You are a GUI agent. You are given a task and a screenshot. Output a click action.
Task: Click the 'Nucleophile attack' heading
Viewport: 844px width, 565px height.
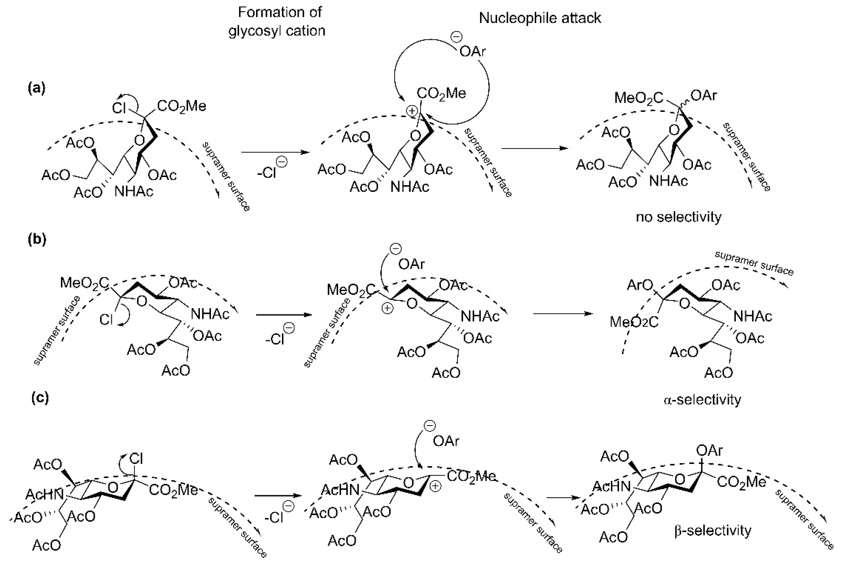(540, 18)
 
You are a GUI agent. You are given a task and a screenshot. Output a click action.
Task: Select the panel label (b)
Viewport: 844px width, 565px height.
(37, 239)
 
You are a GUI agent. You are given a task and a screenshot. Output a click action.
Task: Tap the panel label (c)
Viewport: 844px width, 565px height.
(40, 398)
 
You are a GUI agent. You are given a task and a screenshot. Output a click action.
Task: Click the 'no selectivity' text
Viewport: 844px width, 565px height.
(678, 217)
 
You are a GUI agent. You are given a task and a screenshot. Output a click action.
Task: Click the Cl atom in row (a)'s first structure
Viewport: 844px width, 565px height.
(119, 108)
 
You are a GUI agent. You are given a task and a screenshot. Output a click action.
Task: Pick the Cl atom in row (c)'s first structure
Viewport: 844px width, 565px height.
(136, 459)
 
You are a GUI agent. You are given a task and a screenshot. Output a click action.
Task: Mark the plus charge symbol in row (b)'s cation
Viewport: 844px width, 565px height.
(387, 308)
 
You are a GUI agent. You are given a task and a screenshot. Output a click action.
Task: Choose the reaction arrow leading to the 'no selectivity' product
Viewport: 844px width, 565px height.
(534, 148)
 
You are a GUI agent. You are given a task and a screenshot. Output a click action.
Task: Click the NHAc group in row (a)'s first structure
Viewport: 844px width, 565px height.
(134, 192)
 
